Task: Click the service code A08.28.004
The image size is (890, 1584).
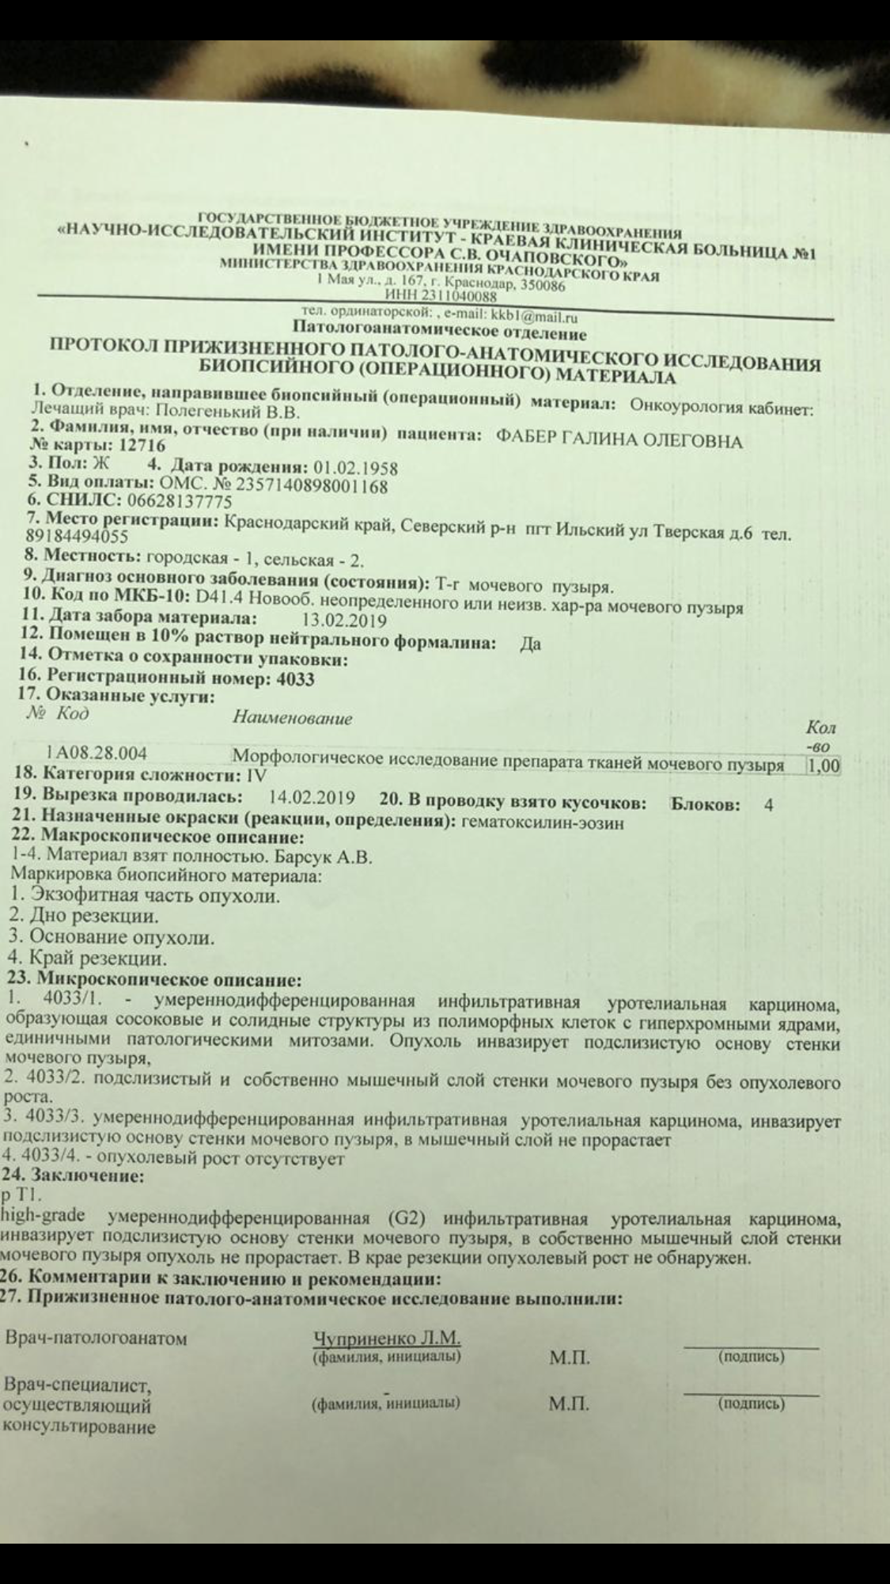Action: [100, 752]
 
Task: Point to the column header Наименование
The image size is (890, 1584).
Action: [292, 718]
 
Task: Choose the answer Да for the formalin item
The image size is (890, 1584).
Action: [530, 644]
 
